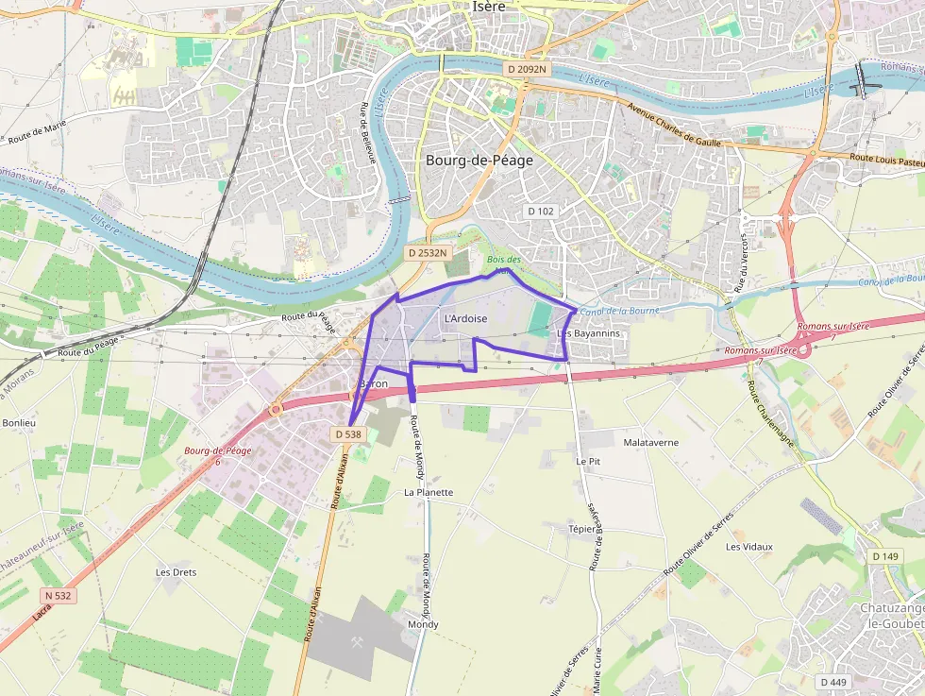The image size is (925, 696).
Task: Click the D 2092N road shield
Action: tap(526, 69)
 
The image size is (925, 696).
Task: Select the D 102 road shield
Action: tap(540, 211)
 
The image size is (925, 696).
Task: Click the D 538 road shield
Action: tap(348, 434)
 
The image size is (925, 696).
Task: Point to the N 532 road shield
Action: tap(58, 596)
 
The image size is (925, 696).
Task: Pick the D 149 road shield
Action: tap(885, 556)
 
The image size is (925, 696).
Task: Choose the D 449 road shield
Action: tap(832, 682)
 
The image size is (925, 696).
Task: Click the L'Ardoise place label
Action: tap(465, 319)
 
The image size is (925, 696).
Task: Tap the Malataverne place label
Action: tap(651, 442)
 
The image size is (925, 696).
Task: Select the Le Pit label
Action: tap(588, 461)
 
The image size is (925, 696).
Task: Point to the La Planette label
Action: tap(429, 492)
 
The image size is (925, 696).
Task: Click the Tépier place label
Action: tap(582, 529)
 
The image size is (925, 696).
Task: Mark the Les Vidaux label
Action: tap(749, 547)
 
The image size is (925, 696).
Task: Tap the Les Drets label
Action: tap(176, 572)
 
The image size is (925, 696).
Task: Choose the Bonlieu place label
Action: tap(18, 423)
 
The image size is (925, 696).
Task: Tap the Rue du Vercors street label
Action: tap(741, 262)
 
